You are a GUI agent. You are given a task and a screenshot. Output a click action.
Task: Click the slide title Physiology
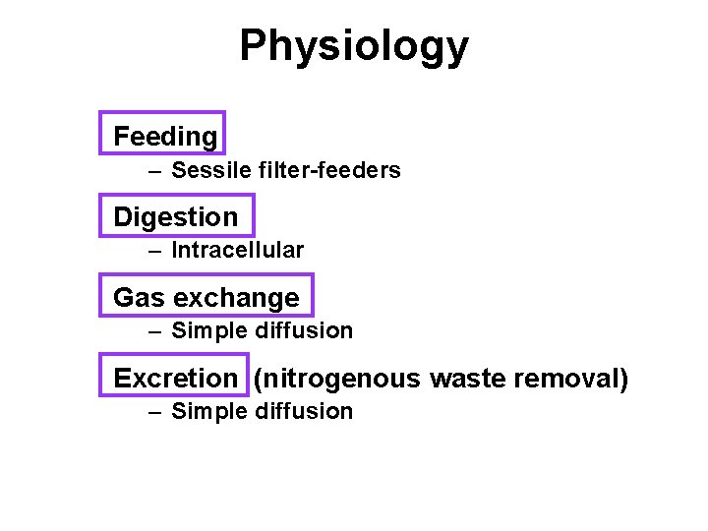(x=354, y=46)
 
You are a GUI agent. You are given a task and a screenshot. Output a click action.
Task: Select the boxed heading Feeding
(x=165, y=136)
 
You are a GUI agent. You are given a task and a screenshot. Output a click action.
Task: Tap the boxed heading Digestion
(x=176, y=216)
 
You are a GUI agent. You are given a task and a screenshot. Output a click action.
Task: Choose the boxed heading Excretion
(x=176, y=378)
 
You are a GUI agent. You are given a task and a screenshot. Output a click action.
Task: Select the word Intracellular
(x=238, y=251)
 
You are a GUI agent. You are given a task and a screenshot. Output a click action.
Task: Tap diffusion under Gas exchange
(x=304, y=331)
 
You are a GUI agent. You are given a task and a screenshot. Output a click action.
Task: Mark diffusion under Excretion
(x=304, y=412)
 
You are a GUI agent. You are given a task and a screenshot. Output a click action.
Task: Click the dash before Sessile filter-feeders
(x=154, y=171)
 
